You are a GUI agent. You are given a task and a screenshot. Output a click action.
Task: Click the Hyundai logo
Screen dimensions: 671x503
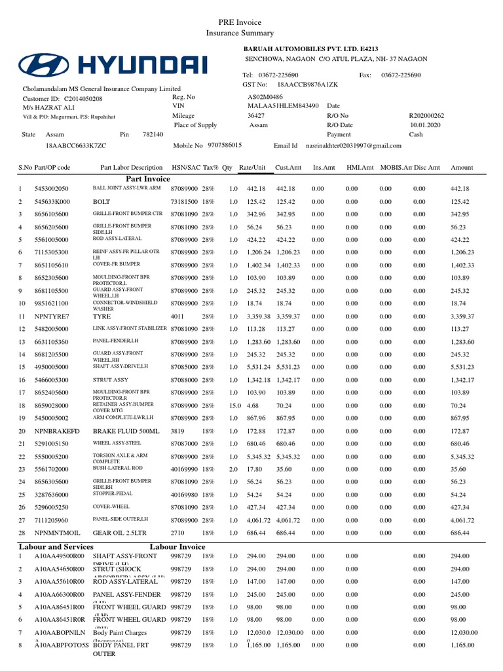click(113, 64)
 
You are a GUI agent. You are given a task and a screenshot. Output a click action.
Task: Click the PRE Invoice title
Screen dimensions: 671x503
click(240, 22)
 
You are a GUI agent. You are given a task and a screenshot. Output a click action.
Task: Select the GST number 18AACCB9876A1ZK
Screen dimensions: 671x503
click(308, 85)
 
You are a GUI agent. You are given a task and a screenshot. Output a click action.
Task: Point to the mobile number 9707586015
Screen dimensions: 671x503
click(224, 145)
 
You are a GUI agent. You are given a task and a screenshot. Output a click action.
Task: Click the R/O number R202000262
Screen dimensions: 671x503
click(426, 115)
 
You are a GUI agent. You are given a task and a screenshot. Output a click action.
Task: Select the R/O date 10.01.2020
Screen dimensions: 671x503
click(426, 125)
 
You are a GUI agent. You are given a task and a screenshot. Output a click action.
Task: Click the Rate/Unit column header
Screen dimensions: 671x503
click(252, 168)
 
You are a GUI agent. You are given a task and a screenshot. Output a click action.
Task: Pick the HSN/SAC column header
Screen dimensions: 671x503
click(186, 168)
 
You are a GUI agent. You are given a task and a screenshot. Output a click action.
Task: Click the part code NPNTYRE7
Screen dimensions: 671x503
click(52, 316)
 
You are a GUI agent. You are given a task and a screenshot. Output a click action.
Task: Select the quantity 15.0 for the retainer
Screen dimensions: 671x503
click(234, 406)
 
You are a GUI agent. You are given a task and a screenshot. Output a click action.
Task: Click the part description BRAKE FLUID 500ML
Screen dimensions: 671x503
click(121, 431)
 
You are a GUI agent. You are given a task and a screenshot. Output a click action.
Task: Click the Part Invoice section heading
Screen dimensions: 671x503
click(147, 178)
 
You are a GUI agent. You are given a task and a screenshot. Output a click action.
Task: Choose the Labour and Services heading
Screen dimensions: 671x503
click(56, 546)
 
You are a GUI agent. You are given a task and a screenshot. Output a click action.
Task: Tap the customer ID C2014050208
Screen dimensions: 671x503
click(83, 98)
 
